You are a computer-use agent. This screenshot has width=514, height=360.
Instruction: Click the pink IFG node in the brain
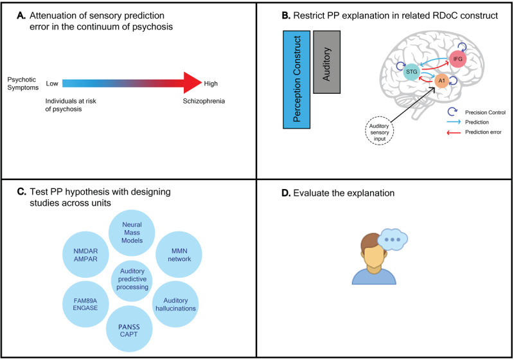(x=458, y=59)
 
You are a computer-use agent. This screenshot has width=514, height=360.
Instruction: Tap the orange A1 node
(x=441, y=82)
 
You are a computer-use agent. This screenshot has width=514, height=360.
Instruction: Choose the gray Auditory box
(x=327, y=61)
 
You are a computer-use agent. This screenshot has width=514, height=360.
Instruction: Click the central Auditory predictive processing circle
(x=132, y=280)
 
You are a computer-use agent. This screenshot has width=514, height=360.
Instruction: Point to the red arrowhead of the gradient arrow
(x=190, y=83)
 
